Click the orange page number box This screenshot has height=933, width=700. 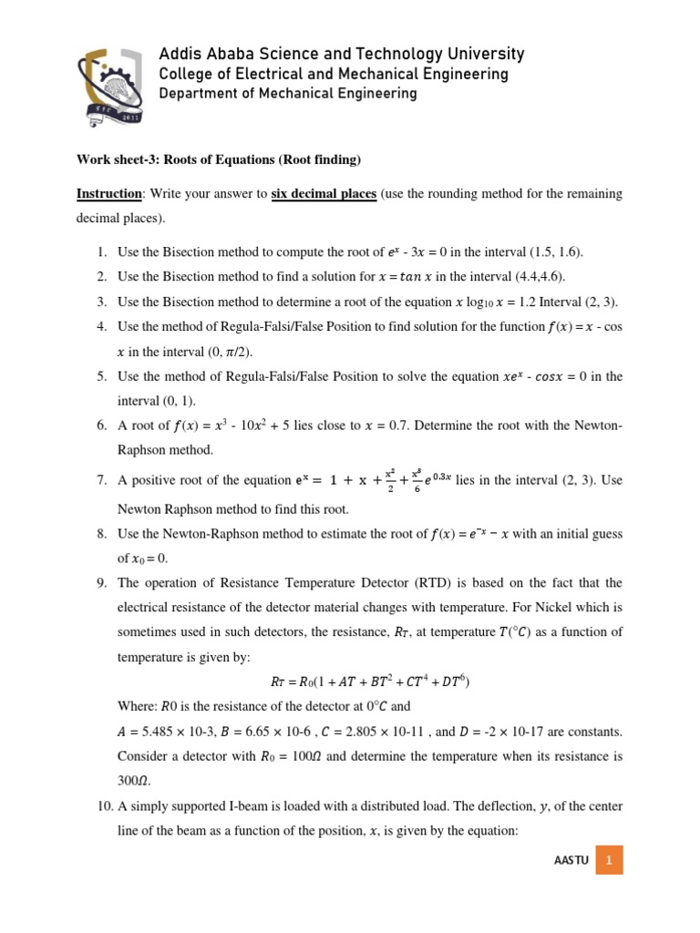608,859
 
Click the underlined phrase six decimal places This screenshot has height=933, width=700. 324,195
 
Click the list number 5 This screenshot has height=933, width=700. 101,375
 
